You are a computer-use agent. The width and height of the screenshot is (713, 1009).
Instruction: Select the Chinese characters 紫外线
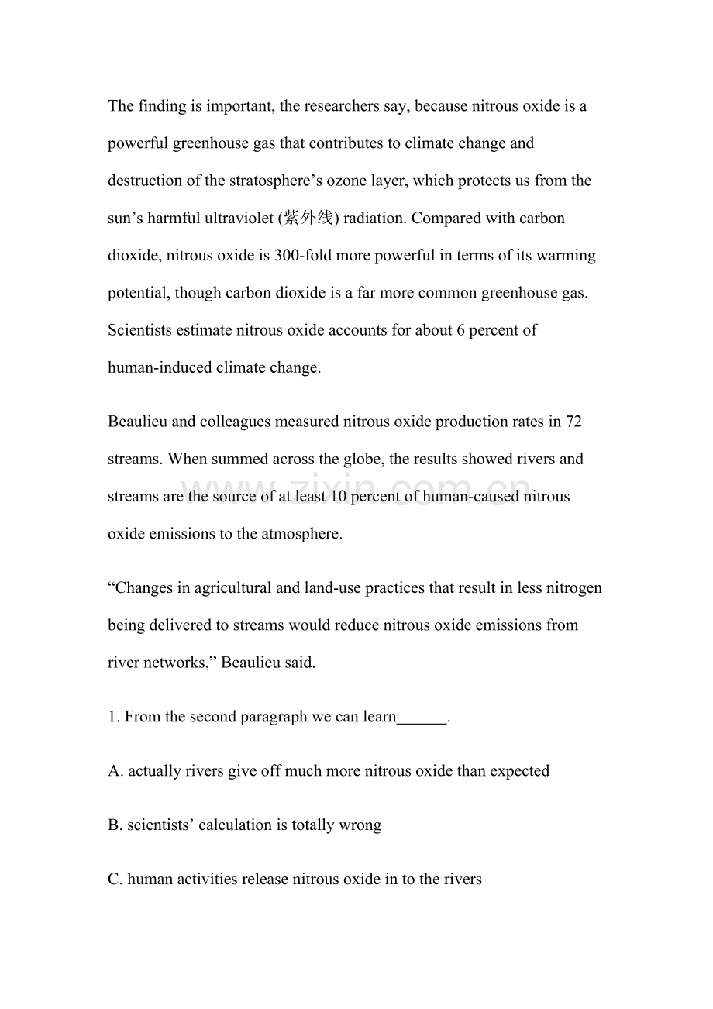pyautogui.click(x=308, y=218)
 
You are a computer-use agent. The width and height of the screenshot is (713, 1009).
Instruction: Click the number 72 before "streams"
pyautogui.click(x=574, y=422)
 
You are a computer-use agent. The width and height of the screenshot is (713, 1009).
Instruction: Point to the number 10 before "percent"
pyautogui.click(x=339, y=496)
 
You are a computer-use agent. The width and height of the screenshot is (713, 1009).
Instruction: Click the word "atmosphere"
pyautogui.click(x=299, y=534)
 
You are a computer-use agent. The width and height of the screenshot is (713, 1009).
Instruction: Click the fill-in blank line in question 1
pyautogui.click(x=422, y=718)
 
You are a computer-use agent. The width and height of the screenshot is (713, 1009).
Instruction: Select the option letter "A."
pyautogui.click(x=116, y=771)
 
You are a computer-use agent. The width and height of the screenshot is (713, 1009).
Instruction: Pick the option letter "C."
pyautogui.click(x=116, y=879)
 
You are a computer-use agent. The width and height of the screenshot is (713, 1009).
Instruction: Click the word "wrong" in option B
pyautogui.click(x=360, y=825)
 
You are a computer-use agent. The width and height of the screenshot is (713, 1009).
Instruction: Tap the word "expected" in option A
pyautogui.click(x=519, y=771)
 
